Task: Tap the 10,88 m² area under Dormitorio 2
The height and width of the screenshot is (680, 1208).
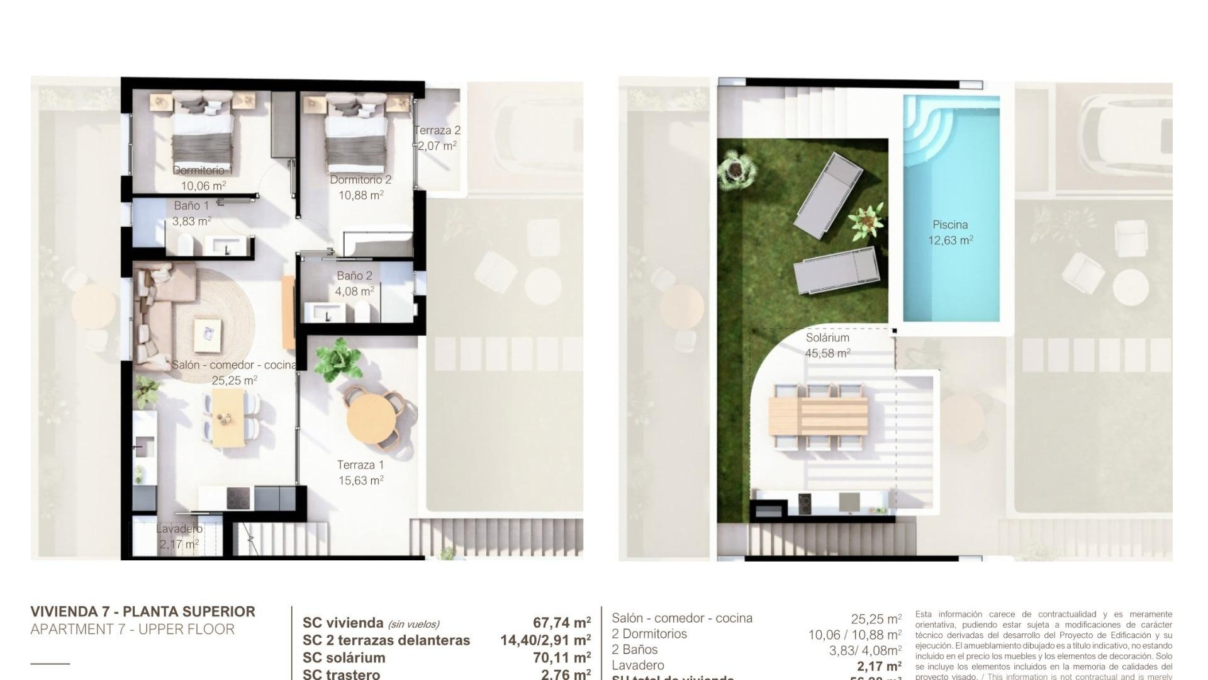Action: click(361, 195)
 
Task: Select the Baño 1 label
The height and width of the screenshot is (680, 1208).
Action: click(191, 206)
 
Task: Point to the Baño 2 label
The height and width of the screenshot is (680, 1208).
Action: click(354, 276)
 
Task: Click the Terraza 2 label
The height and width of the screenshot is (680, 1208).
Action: click(437, 131)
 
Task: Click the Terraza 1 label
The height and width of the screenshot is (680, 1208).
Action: click(360, 465)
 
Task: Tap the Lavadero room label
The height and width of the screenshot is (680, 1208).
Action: click(179, 529)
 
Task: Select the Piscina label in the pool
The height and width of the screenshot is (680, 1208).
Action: click(950, 225)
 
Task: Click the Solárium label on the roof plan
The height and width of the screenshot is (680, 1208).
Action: click(827, 338)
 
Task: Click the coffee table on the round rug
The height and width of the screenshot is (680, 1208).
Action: click(208, 334)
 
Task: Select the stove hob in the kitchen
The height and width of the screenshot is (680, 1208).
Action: click(238, 499)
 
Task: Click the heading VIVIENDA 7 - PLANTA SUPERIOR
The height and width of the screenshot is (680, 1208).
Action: click(143, 611)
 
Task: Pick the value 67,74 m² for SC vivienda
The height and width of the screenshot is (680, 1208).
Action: click(561, 623)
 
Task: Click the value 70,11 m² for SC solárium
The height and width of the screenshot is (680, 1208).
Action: click(561, 658)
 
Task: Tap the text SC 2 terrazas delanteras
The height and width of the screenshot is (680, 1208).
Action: click(386, 640)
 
